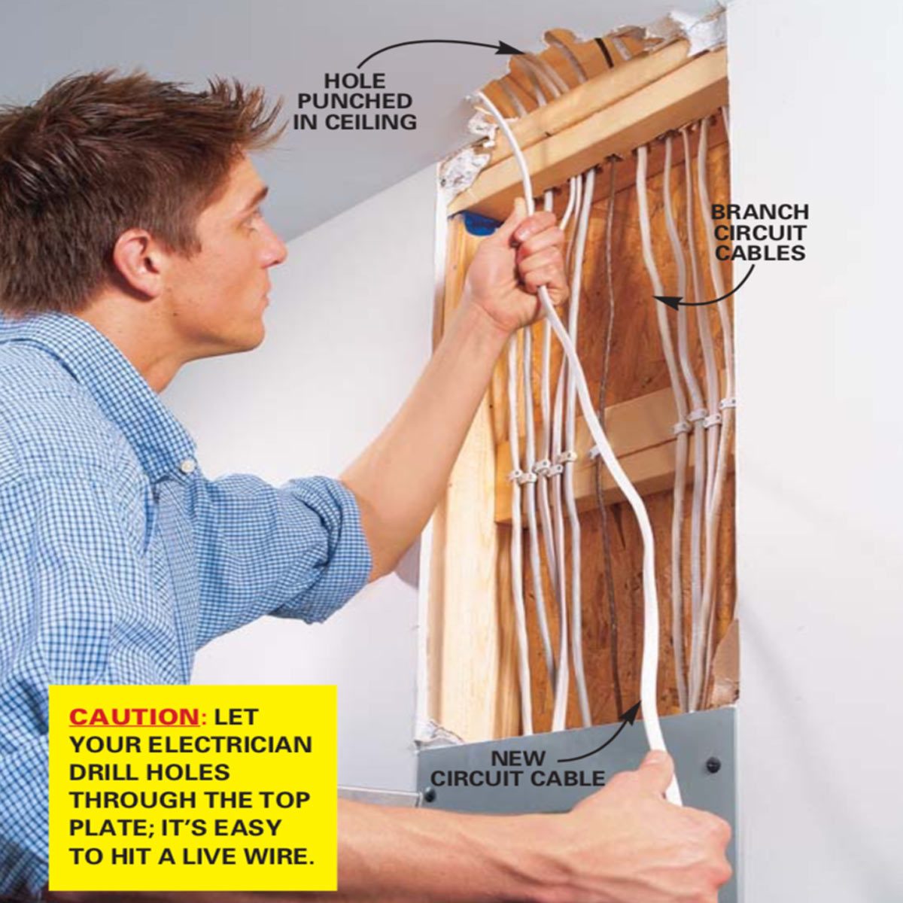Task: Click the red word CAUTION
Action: click(x=134, y=730)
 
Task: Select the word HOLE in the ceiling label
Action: click(x=354, y=81)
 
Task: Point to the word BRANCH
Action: click(x=760, y=211)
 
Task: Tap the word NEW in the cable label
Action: click(x=518, y=759)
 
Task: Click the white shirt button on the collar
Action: click(x=188, y=466)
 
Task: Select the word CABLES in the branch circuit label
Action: click(x=760, y=253)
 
